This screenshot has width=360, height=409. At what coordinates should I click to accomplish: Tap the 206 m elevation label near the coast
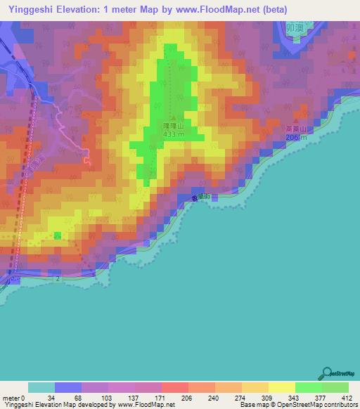pyautogui.click(x=296, y=137)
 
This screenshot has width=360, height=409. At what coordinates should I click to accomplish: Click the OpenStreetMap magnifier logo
pyautogui.click(x=327, y=372)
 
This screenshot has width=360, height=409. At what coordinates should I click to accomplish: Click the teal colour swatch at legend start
pyautogui.click(x=41, y=388)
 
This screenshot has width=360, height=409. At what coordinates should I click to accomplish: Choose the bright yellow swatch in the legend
pyautogui.click(x=281, y=388)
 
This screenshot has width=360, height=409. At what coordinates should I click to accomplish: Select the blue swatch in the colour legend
pyautogui.click(x=68, y=388)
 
